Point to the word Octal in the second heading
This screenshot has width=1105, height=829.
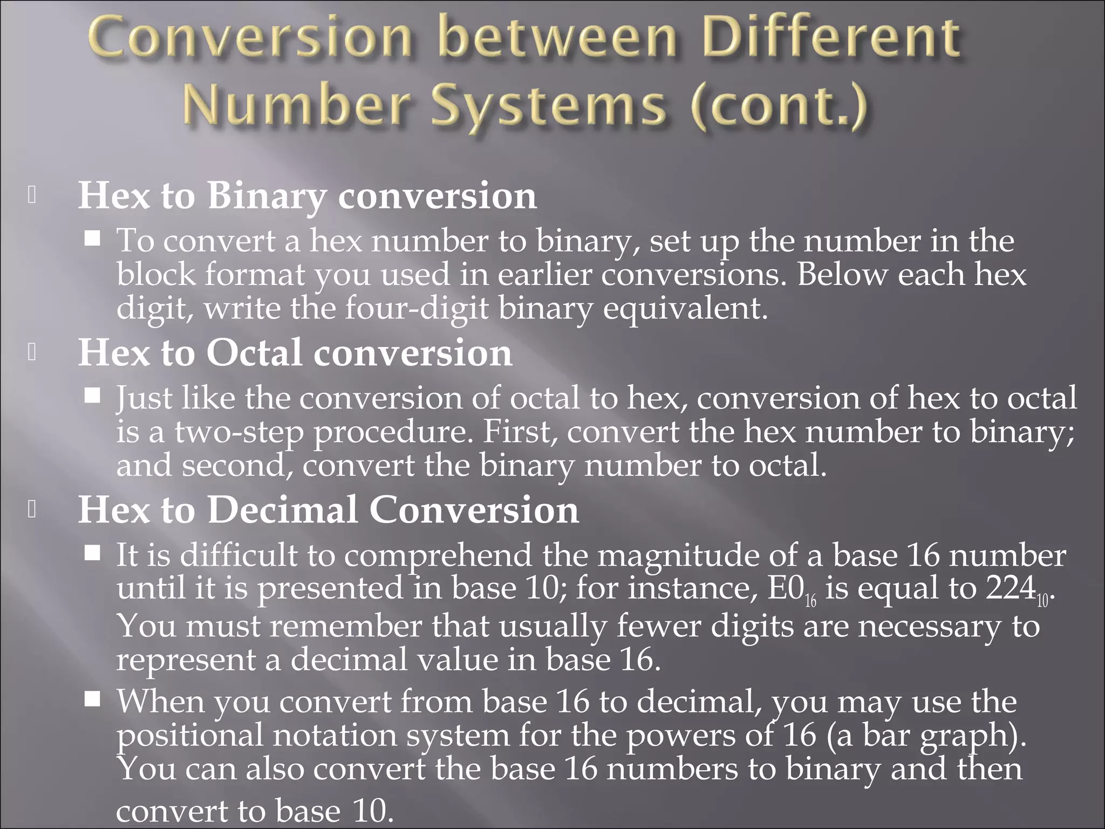click(254, 353)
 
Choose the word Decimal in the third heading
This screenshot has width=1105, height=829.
click(283, 510)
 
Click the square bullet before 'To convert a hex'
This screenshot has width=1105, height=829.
click(93, 238)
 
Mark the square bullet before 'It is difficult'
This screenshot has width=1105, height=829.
click(93, 553)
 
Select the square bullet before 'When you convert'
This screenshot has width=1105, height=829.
click(93, 699)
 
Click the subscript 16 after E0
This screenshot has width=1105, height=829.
click(811, 600)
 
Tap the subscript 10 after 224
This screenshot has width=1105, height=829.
click(1042, 600)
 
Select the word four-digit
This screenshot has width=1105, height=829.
click(417, 309)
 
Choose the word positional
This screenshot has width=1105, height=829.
click(190, 736)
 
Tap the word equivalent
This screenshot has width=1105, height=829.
click(684, 309)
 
